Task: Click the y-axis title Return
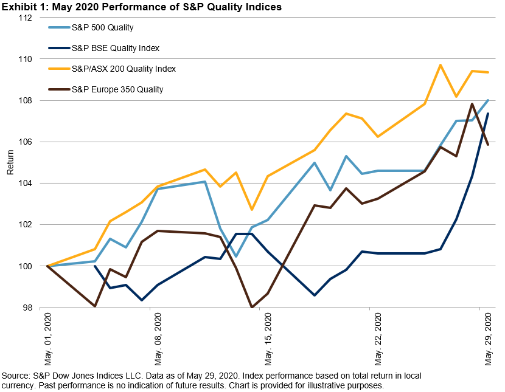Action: point(10,163)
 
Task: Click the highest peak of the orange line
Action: point(441,65)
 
